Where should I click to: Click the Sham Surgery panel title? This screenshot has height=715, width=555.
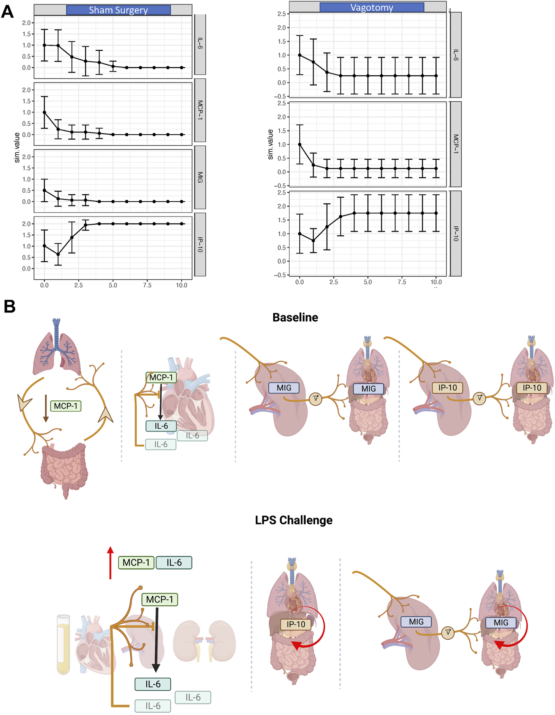tap(118, 10)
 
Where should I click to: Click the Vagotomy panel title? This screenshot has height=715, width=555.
tap(372, 8)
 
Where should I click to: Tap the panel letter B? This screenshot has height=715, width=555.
tap(9, 306)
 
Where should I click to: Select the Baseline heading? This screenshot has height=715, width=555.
tap(295, 317)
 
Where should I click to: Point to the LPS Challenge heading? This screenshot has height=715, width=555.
tap(293, 520)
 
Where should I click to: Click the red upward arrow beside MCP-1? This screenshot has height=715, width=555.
tap(110, 562)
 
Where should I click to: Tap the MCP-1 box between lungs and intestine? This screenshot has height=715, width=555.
tap(66, 406)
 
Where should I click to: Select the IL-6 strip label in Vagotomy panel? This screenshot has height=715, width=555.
tap(456, 55)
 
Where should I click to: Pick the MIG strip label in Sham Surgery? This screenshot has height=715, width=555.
tap(200, 177)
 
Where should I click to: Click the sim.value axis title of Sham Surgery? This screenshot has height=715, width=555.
tap(17, 148)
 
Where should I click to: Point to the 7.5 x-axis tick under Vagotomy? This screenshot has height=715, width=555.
tap(402, 282)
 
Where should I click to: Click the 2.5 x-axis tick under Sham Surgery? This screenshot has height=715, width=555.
tap(78, 285)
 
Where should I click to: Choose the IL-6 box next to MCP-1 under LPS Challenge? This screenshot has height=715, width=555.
tap(174, 563)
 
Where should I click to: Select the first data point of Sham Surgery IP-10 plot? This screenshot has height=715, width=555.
tap(44, 246)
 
